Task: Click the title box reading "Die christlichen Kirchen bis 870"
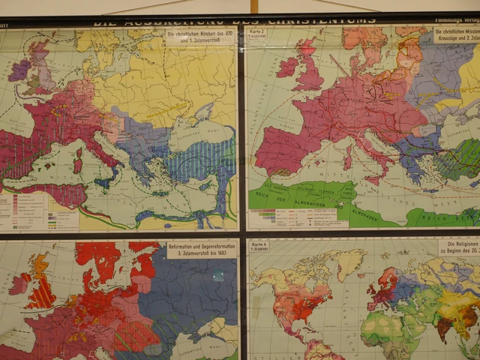199,37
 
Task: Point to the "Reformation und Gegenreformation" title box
200,248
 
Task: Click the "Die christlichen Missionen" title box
457,34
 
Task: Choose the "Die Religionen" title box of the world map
459,247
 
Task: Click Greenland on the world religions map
351,262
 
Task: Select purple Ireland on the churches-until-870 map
18,70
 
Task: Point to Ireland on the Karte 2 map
287,67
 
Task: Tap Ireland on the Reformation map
18,283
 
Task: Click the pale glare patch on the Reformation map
217,276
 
